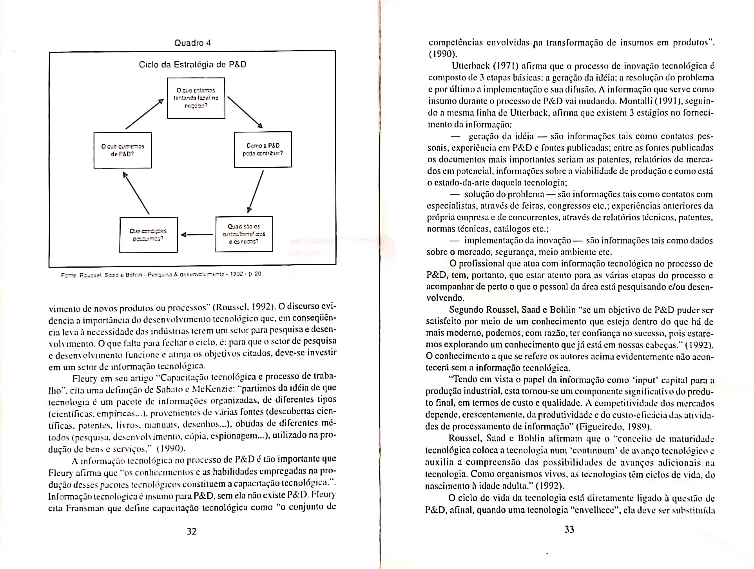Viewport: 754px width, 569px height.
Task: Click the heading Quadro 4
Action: click(x=192, y=43)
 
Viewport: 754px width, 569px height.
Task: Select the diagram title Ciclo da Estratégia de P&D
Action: click(x=192, y=65)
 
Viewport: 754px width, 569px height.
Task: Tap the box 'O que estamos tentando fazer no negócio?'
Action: click(x=196, y=98)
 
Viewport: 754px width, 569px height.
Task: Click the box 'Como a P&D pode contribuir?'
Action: click(x=263, y=150)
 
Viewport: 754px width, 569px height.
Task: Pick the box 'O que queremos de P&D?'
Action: click(x=123, y=150)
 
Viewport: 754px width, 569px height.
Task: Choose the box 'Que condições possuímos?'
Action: click(x=148, y=235)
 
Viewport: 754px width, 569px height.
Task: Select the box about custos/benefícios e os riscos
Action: click(x=244, y=234)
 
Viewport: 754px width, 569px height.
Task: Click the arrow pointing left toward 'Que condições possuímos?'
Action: click(x=197, y=235)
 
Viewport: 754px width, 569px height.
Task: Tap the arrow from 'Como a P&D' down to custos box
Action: click(x=256, y=192)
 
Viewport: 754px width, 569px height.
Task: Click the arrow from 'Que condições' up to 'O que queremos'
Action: click(x=136, y=193)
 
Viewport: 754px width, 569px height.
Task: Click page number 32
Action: click(x=191, y=531)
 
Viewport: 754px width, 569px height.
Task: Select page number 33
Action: click(x=569, y=530)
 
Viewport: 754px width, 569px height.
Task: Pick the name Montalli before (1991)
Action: click(x=634, y=101)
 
